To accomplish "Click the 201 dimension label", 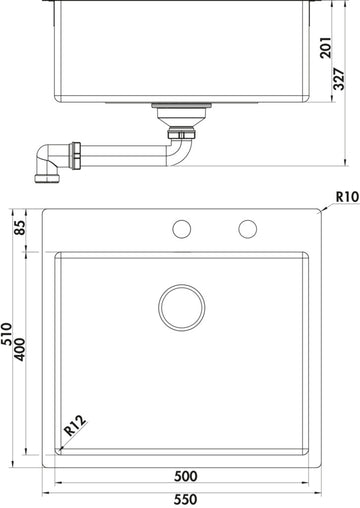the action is (x=326, y=48).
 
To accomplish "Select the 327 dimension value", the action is (x=339, y=79).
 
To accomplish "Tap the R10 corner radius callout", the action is (x=347, y=197).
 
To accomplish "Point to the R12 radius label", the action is (x=75, y=426).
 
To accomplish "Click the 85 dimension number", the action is (x=20, y=228).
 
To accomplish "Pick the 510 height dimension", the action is (x=6, y=334).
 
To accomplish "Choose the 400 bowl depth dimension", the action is (x=20, y=350).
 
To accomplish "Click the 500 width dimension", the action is (x=186, y=476).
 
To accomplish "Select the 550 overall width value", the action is (x=185, y=499).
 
